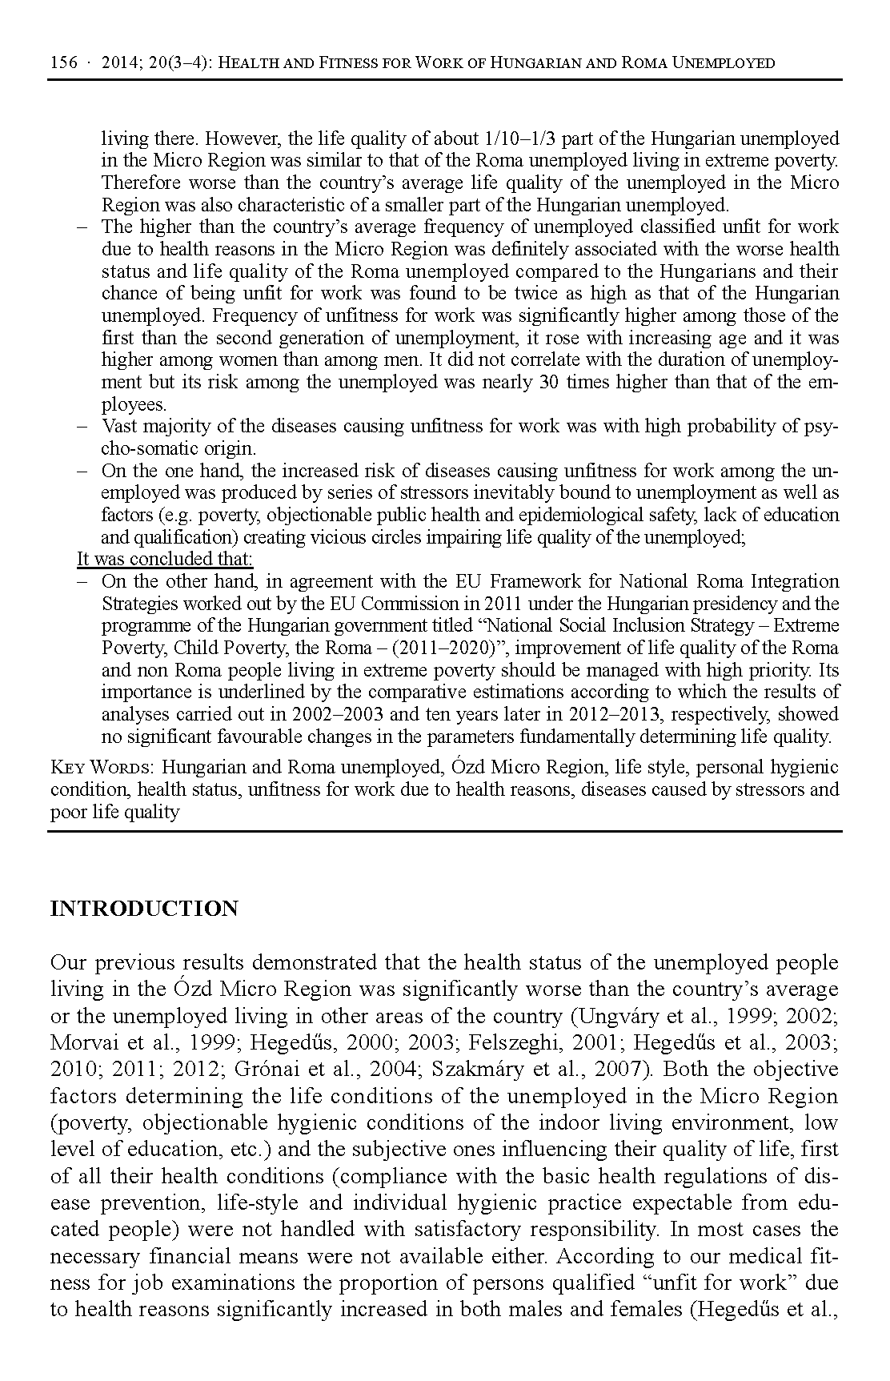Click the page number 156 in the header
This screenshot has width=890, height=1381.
[64, 62]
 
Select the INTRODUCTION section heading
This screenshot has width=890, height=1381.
[144, 909]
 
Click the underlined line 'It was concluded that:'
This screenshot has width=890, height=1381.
[165, 559]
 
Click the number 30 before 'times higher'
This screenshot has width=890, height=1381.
[548, 382]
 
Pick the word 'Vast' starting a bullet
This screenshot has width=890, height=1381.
[119, 426]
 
